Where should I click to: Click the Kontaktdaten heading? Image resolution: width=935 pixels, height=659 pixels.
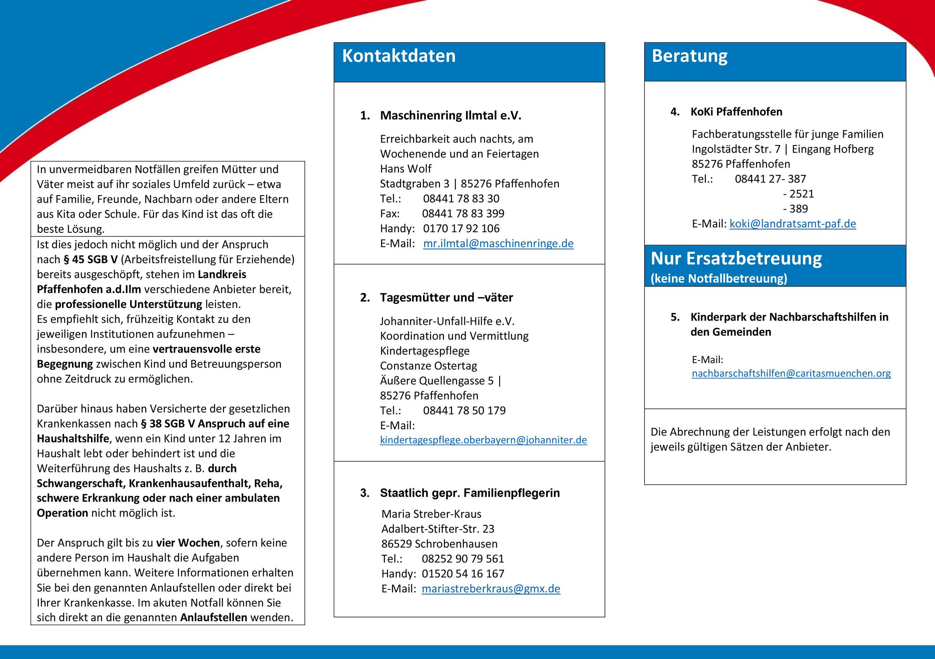(x=399, y=56)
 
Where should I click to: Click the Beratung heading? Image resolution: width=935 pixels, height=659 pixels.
(x=689, y=56)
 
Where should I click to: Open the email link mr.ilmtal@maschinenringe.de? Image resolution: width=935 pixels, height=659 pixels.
(x=498, y=243)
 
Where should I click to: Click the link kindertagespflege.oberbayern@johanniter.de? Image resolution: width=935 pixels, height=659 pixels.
(x=483, y=440)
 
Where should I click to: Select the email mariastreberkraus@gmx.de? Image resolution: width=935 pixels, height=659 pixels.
(x=491, y=589)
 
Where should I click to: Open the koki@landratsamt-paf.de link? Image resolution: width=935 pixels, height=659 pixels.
(x=793, y=224)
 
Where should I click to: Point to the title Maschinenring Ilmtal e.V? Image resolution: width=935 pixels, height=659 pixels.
(x=450, y=116)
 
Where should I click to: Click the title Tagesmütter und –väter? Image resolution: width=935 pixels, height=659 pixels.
(x=446, y=298)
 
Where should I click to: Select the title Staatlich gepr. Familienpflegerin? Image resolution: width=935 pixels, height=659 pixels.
(x=470, y=493)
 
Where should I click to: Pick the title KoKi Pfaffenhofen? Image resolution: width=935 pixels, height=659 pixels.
(x=736, y=112)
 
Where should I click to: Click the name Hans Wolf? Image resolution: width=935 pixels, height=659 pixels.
(x=405, y=169)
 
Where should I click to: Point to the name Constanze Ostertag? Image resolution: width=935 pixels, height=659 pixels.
(x=429, y=366)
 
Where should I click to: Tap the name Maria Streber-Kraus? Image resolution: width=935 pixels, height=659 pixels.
(x=431, y=514)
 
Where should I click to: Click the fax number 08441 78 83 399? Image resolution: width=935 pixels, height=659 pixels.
(x=463, y=214)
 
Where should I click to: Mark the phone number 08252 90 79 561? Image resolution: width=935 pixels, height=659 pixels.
(x=463, y=559)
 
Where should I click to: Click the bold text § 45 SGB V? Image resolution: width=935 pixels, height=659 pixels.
(x=90, y=259)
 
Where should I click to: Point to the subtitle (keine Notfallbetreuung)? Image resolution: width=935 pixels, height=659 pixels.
(x=719, y=279)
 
